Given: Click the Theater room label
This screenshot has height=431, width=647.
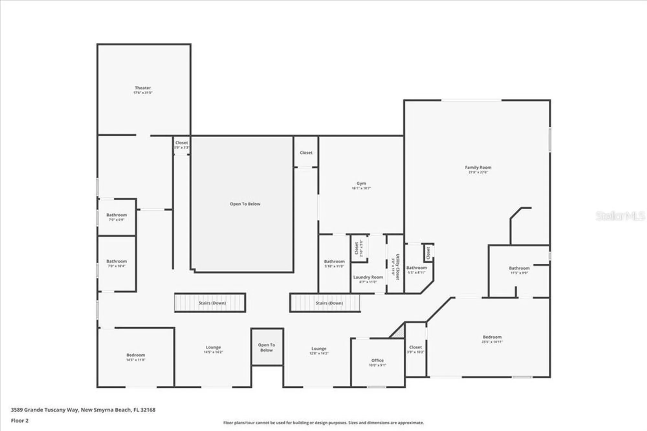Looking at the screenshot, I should [x=143, y=88].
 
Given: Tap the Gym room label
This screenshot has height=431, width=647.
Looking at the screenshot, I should [x=361, y=184].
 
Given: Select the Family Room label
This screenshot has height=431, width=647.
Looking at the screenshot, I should [x=478, y=167].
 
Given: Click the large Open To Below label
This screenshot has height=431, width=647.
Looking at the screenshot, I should [x=245, y=204].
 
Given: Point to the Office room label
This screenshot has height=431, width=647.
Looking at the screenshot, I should [x=377, y=360].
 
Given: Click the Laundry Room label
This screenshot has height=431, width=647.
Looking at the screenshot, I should [x=368, y=277].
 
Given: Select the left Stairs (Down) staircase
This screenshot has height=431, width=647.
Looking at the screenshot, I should [x=210, y=303].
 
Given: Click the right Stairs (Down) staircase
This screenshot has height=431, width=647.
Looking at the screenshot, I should [x=325, y=303].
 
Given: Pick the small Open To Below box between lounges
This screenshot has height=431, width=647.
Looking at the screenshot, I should [x=267, y=347].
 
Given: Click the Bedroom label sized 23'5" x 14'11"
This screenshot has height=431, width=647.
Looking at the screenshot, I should [x=492, y=337].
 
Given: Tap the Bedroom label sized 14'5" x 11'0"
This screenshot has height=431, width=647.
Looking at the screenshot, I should [x=136, y=355].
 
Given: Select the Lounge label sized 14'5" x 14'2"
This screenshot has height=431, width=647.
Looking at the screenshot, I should [x=213, y=347].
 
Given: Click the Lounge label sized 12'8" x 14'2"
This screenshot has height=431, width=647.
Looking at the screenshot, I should [x=319, y=349].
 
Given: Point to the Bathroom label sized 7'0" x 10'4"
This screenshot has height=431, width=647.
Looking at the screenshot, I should [x=116, y=261].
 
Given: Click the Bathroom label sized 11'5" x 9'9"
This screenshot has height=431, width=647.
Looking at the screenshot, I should [x=519, y=268].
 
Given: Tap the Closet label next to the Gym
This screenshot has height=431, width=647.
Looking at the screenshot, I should [x=306, y=152].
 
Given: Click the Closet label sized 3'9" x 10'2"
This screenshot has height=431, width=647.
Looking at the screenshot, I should [x=415, y=347].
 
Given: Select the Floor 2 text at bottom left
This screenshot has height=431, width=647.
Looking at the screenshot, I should [x=20, y=420].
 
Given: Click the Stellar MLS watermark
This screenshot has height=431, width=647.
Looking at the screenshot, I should [x=620, y=216].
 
